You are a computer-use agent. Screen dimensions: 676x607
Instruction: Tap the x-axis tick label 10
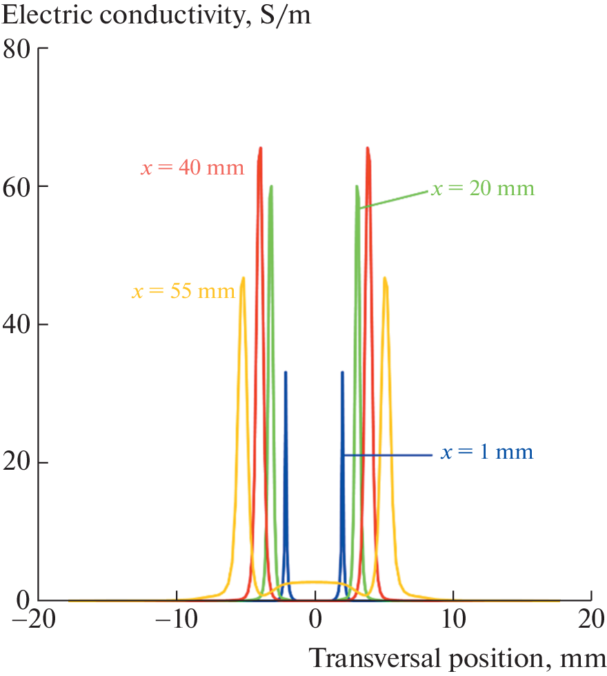click(453, 620)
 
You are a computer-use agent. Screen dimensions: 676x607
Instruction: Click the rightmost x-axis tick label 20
click(591, 620)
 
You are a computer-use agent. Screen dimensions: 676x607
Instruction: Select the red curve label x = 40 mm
click(192, 168)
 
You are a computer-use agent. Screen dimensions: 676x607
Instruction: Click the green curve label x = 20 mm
click(483, 188)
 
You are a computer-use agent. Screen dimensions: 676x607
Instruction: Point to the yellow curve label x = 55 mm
click(183, 291)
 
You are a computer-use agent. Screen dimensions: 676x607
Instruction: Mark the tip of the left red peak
click(260, 148)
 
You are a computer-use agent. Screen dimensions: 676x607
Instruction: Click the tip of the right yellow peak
click(384, 278)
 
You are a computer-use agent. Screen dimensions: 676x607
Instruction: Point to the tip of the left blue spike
click(286, 372)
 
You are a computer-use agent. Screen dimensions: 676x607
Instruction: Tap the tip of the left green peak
click(272, 186)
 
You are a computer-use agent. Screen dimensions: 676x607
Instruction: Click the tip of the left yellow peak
click(243, 278)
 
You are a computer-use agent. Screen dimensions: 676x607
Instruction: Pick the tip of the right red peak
click(368, 148)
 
